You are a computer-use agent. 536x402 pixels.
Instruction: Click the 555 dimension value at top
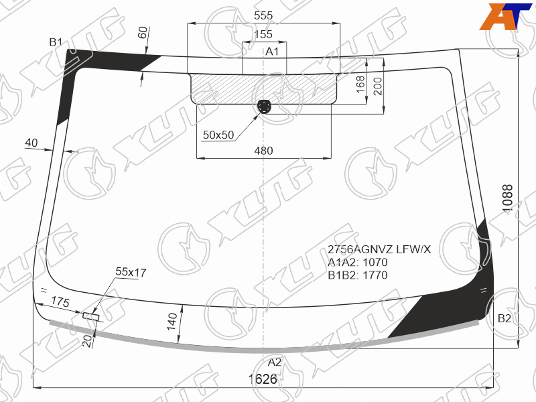click(263, 15)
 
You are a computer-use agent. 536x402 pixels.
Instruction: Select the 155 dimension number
click(263, 34)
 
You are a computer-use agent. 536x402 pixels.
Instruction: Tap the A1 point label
click(272, 52)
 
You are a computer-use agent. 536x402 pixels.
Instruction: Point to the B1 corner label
click(56, 42)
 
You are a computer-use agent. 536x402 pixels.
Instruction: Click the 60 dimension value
click(143, 32)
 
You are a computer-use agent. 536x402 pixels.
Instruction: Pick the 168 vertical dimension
click(360, 84)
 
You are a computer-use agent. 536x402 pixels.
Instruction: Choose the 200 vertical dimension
click(377, 86)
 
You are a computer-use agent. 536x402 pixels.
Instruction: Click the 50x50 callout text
click(218, 135)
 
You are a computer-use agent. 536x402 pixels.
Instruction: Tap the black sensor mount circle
click(264, 107)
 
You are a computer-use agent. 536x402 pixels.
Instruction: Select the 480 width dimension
click(263, 151)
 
